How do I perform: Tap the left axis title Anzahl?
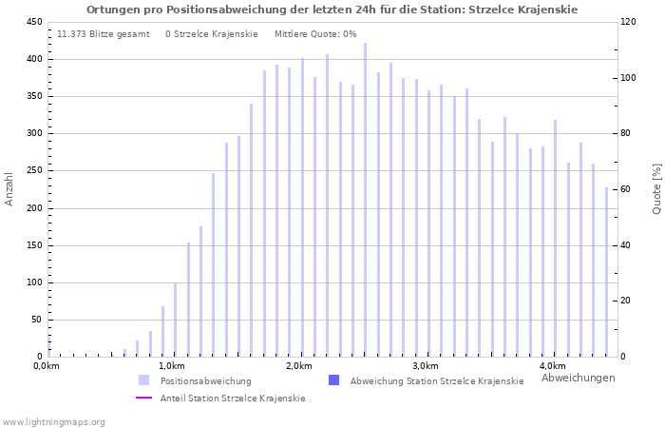tap(9, 188)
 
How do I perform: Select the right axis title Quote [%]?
tap(656, 188)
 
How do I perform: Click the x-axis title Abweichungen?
tap(578, 378)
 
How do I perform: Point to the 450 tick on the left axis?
tap(33, 22)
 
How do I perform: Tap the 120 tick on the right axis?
tap(629, 22)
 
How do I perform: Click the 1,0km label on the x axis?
tap(172, 366)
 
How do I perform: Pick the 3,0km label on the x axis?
tap(426, 366)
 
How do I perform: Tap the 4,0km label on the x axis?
tap(552, 366)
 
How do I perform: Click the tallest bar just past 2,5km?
tap(365, 200)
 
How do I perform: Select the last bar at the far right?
tap(606, 272)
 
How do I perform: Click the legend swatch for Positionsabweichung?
tap(144, 380)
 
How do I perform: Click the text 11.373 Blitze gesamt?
tap(104, 34)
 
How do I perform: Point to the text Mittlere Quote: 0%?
tap(315, 34)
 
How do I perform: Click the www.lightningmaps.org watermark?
tap(54, 421)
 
